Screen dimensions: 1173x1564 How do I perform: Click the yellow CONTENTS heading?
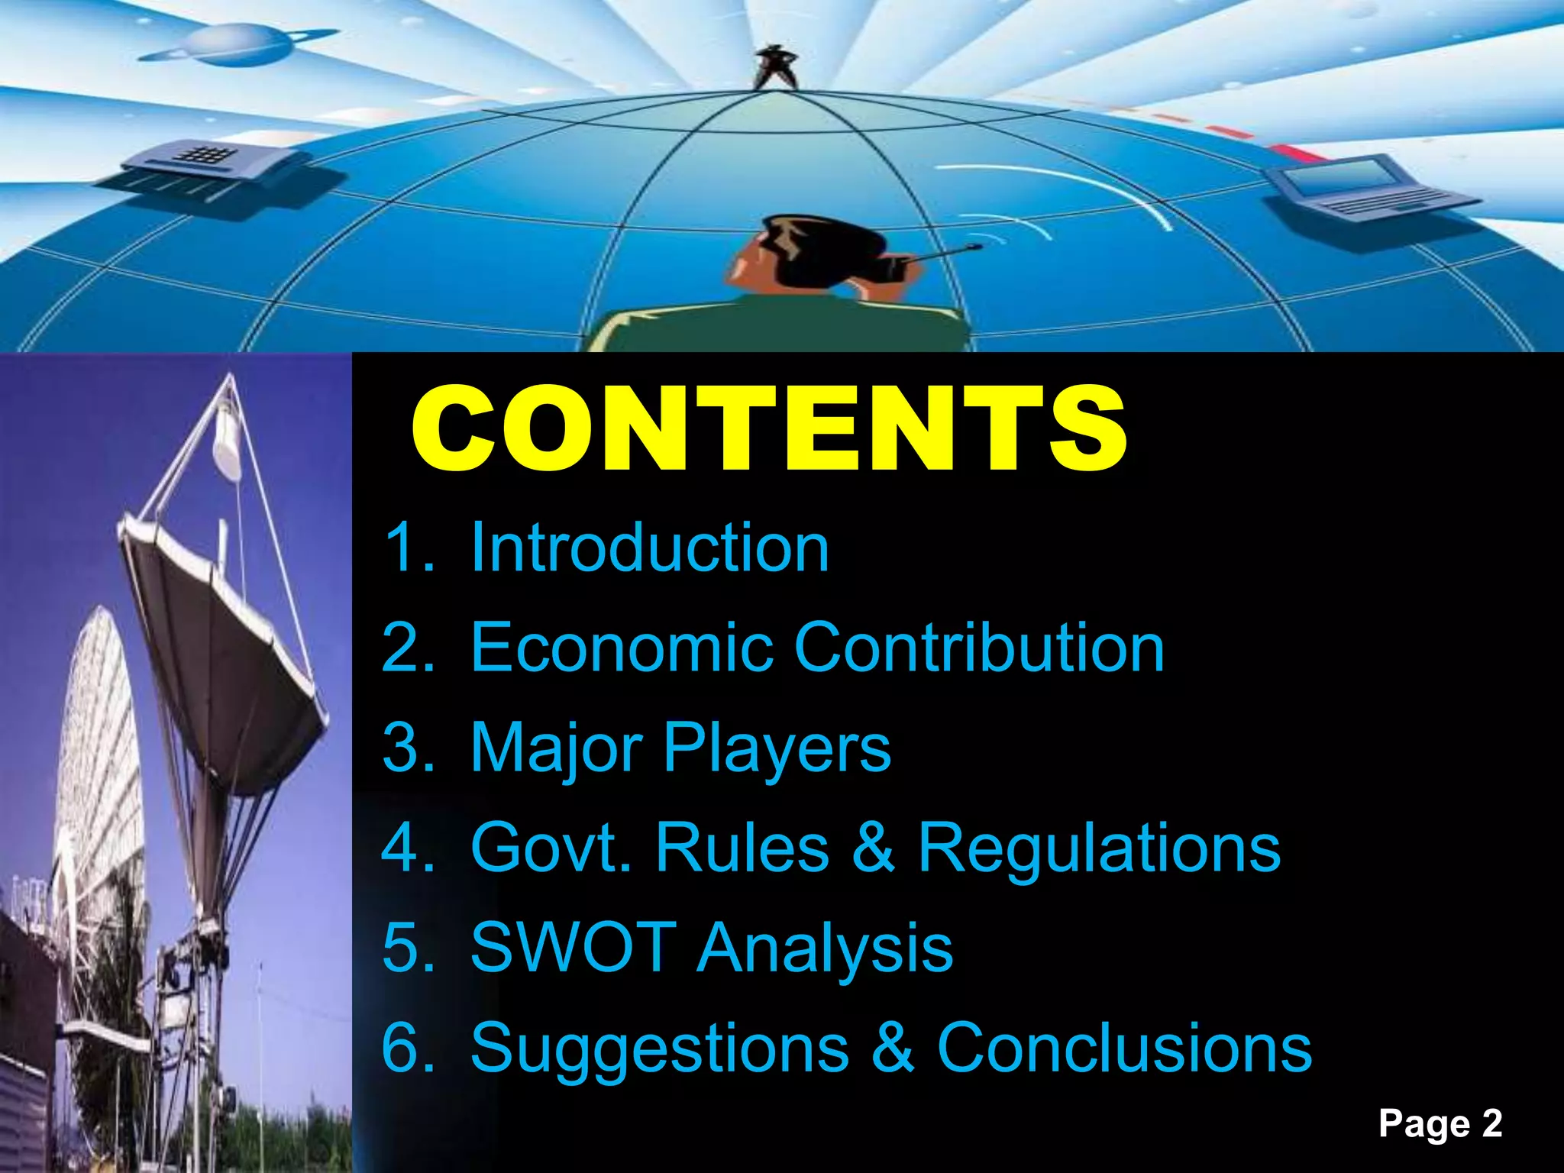click(x=768, y=429)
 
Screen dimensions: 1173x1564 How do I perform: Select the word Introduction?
click(x=649, y=548)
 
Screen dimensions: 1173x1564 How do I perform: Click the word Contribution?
click(x=979, y=648)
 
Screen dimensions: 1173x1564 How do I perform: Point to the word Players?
click(x=777, y=748)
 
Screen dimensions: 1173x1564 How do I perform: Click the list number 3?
click(x=406, y=748)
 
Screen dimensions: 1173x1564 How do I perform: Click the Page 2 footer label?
click(x=1440, y=1124)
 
